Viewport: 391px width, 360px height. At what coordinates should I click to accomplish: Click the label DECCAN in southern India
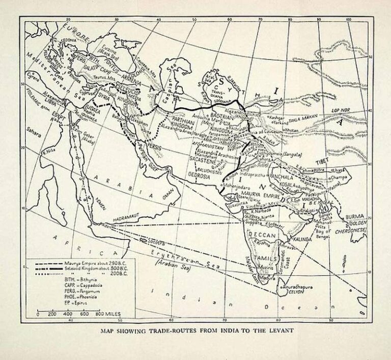[262, 234]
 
